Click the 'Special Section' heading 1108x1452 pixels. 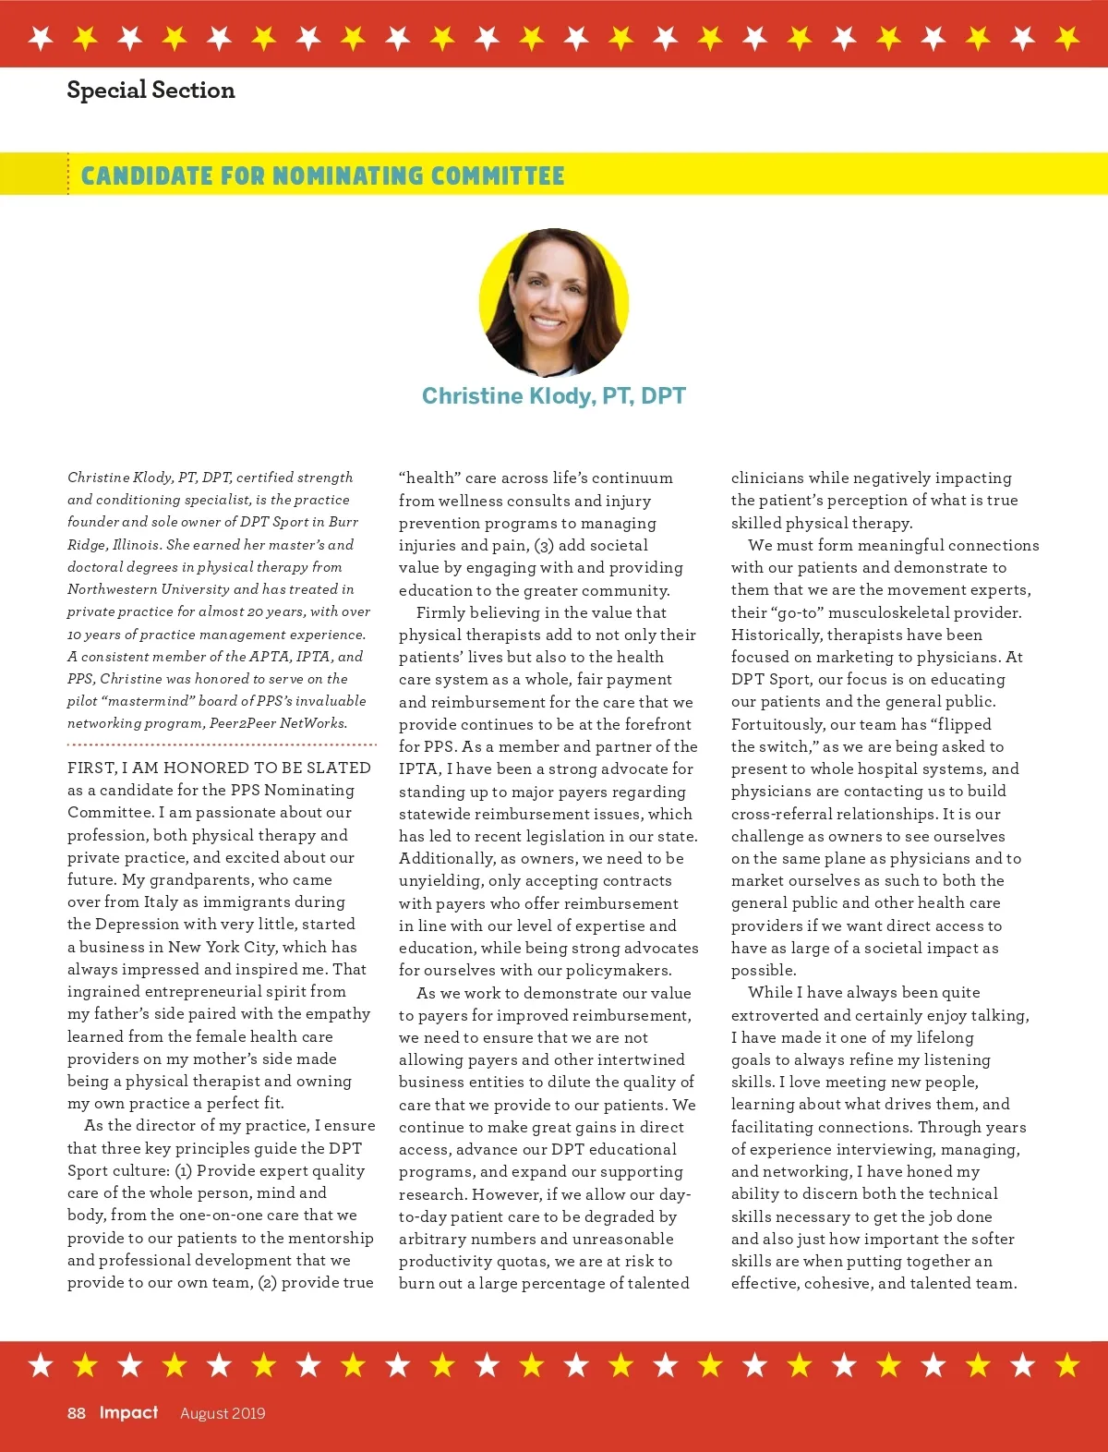pyautogui.click(x=151, y=91)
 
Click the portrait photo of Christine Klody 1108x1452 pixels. pyautogui.click(x=554, y=303)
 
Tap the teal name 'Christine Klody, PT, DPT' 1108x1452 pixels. pyautogui.click(x=554, y=396)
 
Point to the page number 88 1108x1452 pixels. pyautogui.click(x=77, y=1413)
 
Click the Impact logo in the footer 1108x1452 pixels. pyautogui.click(x=128, y=1412)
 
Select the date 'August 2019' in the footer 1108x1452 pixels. pyautogui.click(x=223, y=1413)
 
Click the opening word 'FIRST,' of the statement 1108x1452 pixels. pyautogui.click(x=92, y=768)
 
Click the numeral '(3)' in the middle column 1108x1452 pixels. pyautogui.click(x=544, y=546)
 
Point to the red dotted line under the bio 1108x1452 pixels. pyautogui.click(x=222, y=744)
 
